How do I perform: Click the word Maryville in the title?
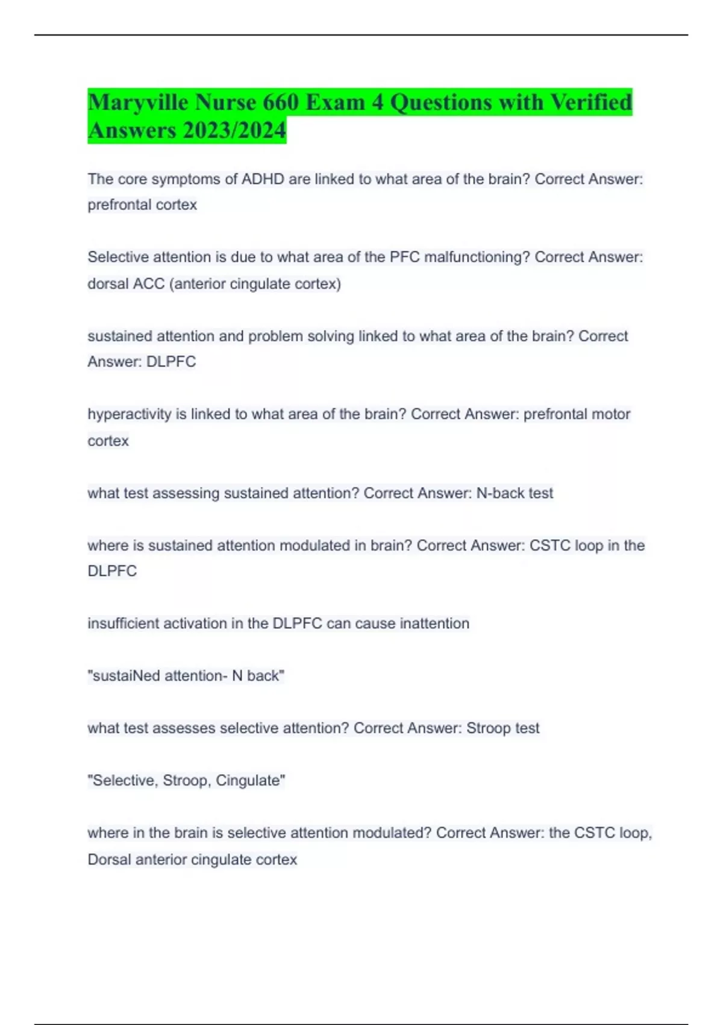point(138,102)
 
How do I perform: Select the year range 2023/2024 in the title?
point(236,130)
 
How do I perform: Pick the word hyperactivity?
point(130,414)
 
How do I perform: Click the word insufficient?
point(123,623)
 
